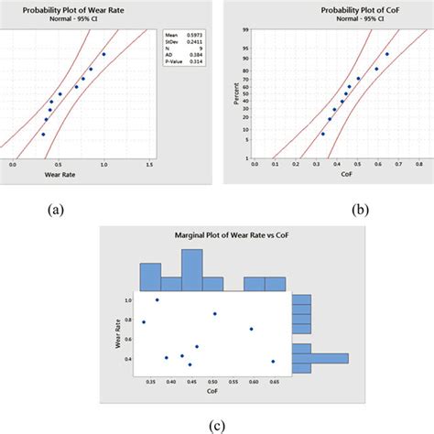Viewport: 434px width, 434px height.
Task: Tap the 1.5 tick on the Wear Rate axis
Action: [148, 164]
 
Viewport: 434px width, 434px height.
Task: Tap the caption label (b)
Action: [363, 209]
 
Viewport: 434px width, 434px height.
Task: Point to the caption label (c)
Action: [218, 423]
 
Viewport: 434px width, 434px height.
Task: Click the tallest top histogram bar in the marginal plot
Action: [191, 269]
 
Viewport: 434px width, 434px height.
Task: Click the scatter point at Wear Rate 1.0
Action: [157, 299]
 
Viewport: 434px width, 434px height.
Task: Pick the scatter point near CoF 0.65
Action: [273, 362]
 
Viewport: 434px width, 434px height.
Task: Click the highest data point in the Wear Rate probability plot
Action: [103, 54]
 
